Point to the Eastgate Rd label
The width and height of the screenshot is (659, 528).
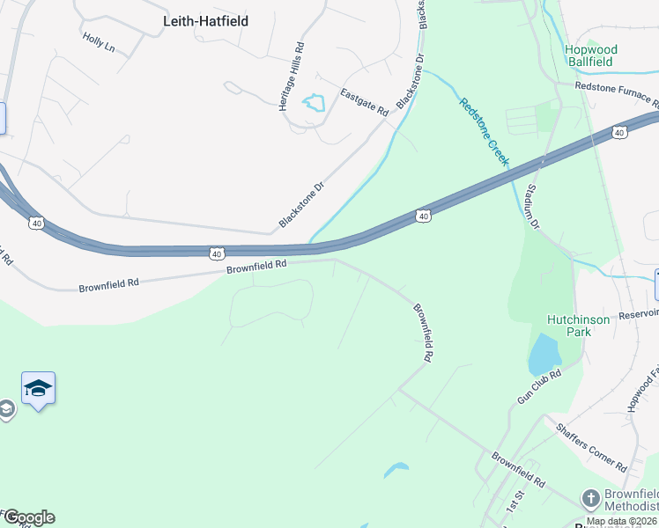tap(365, 103)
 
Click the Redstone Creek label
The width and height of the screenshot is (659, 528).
tap(484, 131)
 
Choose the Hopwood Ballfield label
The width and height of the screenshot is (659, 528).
tap(590, 57)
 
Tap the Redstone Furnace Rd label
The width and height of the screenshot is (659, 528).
tap(616, 86)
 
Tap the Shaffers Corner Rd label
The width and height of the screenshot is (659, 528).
tap(590, 447)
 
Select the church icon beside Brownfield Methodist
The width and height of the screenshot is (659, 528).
tap(589, 498)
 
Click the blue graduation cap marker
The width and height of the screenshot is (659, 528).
tap(39, 388)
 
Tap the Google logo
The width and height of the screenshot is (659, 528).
tap(28, 517)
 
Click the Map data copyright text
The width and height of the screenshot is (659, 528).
tap(621, 522)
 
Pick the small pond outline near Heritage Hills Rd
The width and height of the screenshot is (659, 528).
tap(315, 104)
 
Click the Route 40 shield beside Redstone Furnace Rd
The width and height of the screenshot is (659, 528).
tap(620, 133)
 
